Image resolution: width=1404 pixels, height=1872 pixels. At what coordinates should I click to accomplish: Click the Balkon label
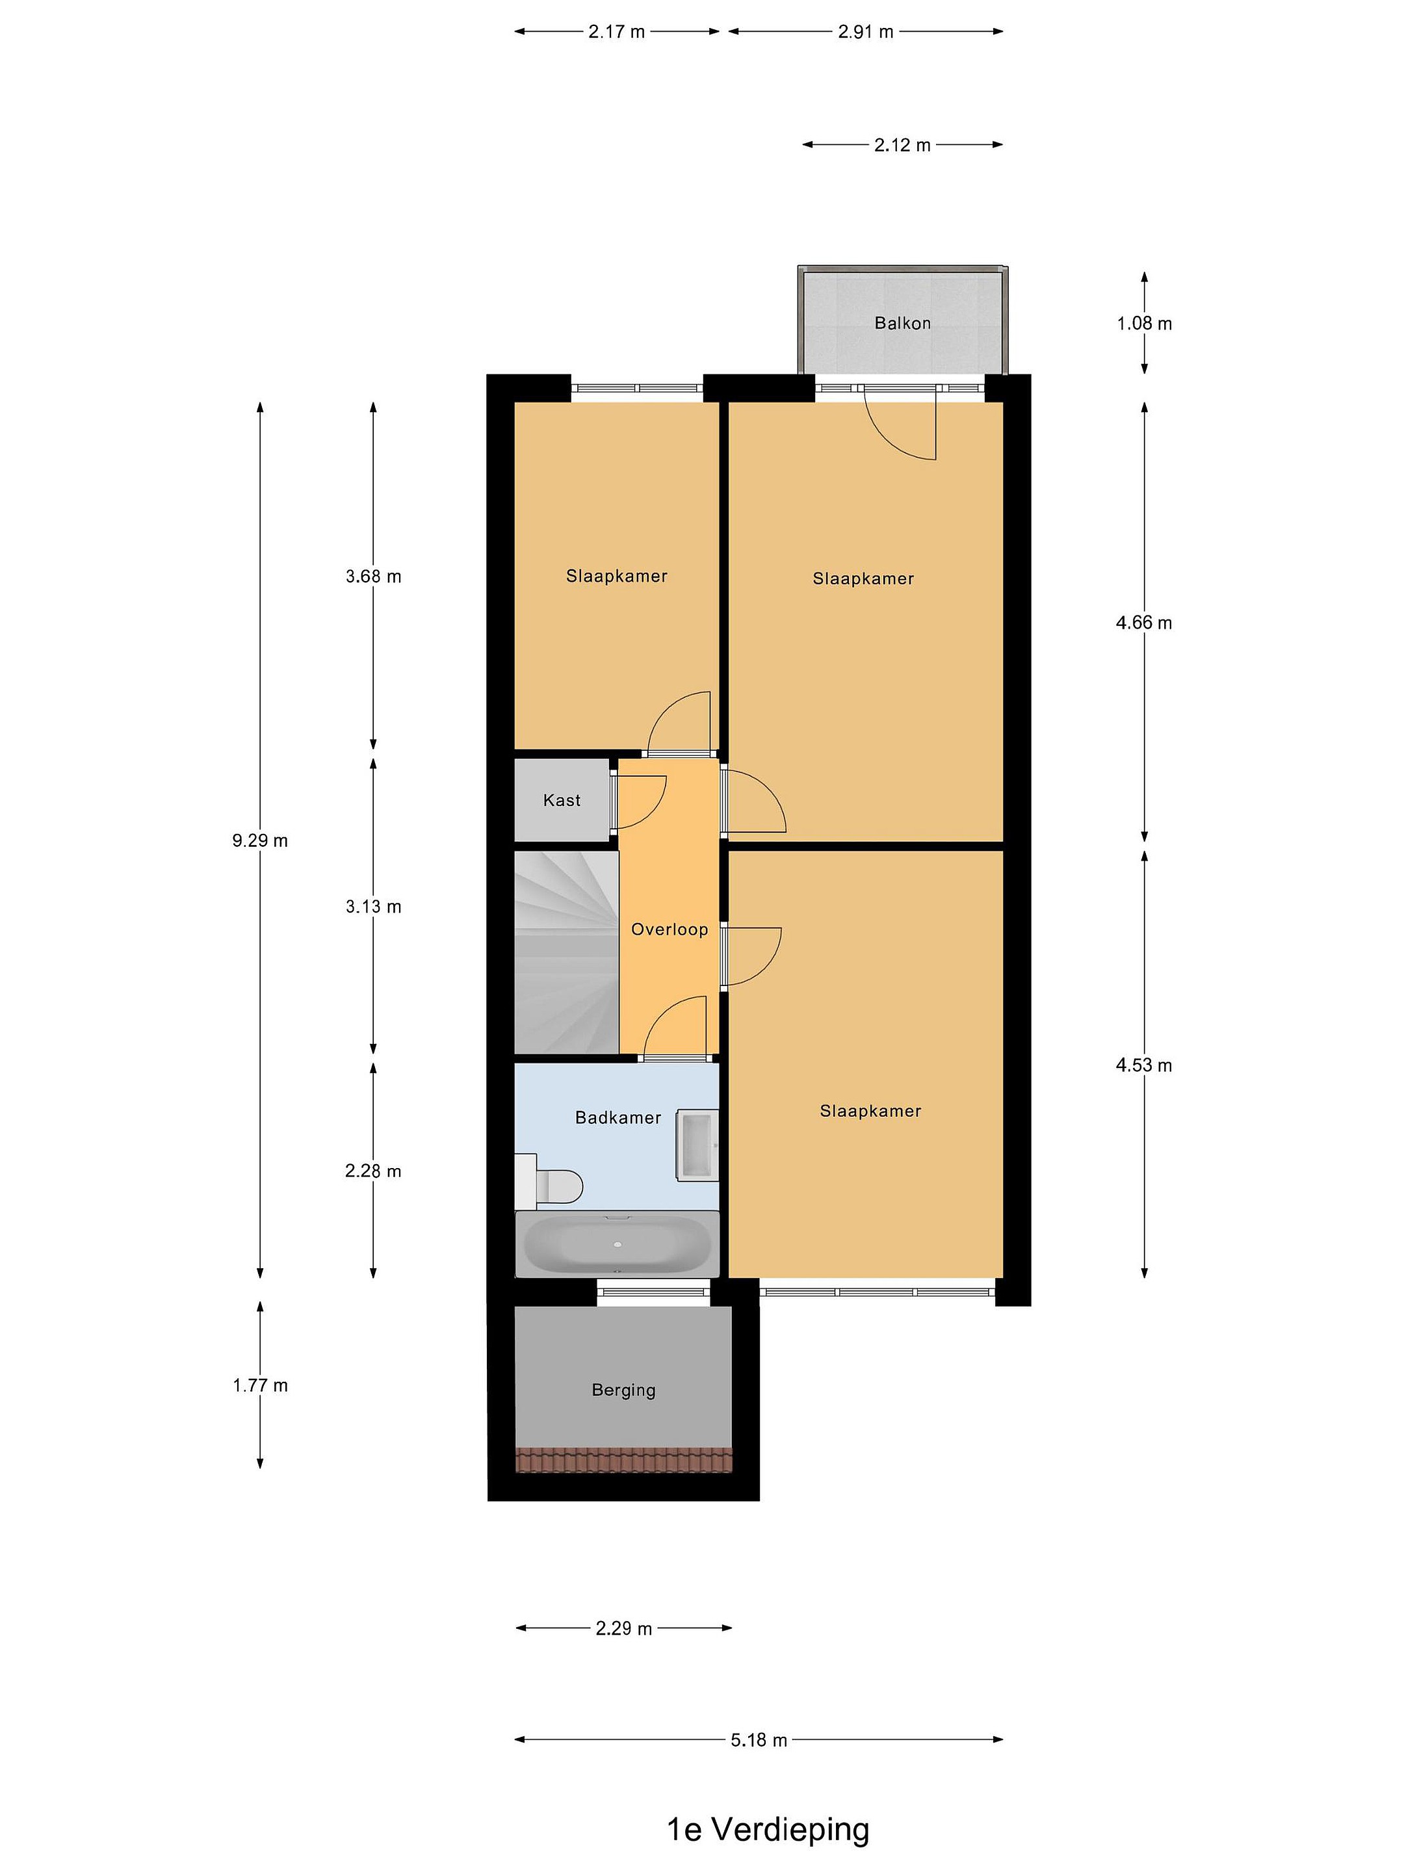tap(902, 322)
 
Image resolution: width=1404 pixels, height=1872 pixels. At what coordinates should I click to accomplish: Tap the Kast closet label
tap(562, 799)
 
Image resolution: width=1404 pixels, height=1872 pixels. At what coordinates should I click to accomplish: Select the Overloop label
tap(669, 929)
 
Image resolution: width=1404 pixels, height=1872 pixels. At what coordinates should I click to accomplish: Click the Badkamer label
tap(617, 1117)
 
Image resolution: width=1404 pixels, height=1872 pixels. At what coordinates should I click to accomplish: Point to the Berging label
tap(624, 1390)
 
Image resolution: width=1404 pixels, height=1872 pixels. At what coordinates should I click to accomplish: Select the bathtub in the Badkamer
tap(617, 1243)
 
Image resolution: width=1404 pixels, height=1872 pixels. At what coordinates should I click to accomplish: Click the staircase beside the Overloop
tap(567, 952)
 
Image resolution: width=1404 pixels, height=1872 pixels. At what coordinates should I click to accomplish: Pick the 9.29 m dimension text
tap(260, 840)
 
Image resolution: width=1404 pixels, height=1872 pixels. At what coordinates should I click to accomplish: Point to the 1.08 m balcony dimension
tap(1144, 322)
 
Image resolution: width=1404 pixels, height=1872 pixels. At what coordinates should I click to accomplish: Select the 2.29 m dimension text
tap(624, 1628)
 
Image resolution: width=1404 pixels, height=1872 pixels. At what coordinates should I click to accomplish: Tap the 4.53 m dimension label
tap(1144, 1065)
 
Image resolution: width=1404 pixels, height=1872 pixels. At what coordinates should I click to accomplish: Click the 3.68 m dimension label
tap(373, 577)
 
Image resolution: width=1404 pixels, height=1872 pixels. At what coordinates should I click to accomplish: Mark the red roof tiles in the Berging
tap(624, 1460)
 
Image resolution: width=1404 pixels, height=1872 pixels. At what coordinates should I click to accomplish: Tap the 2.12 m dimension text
tap(902, 145)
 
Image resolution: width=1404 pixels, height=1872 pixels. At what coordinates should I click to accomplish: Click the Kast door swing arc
tap(653, 812)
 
